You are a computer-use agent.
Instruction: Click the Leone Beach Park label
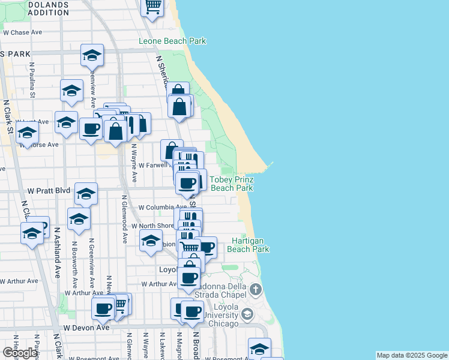tap(172, 41)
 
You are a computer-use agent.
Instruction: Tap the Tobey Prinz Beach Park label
tap(231, 184)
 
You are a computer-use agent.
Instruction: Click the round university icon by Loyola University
tap(247, 314)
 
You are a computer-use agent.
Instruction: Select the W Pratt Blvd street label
tap(49, 190)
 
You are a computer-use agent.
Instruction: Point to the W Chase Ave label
tap(25, 32)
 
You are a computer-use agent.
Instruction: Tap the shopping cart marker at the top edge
tap(152, 6)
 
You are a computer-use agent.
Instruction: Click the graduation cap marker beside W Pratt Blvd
tap(86, 193)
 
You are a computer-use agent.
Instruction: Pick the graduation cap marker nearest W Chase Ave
tap(92, 55)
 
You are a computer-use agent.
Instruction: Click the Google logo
tap(20, 353)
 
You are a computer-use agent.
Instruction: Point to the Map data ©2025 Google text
tap(412, 355)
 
